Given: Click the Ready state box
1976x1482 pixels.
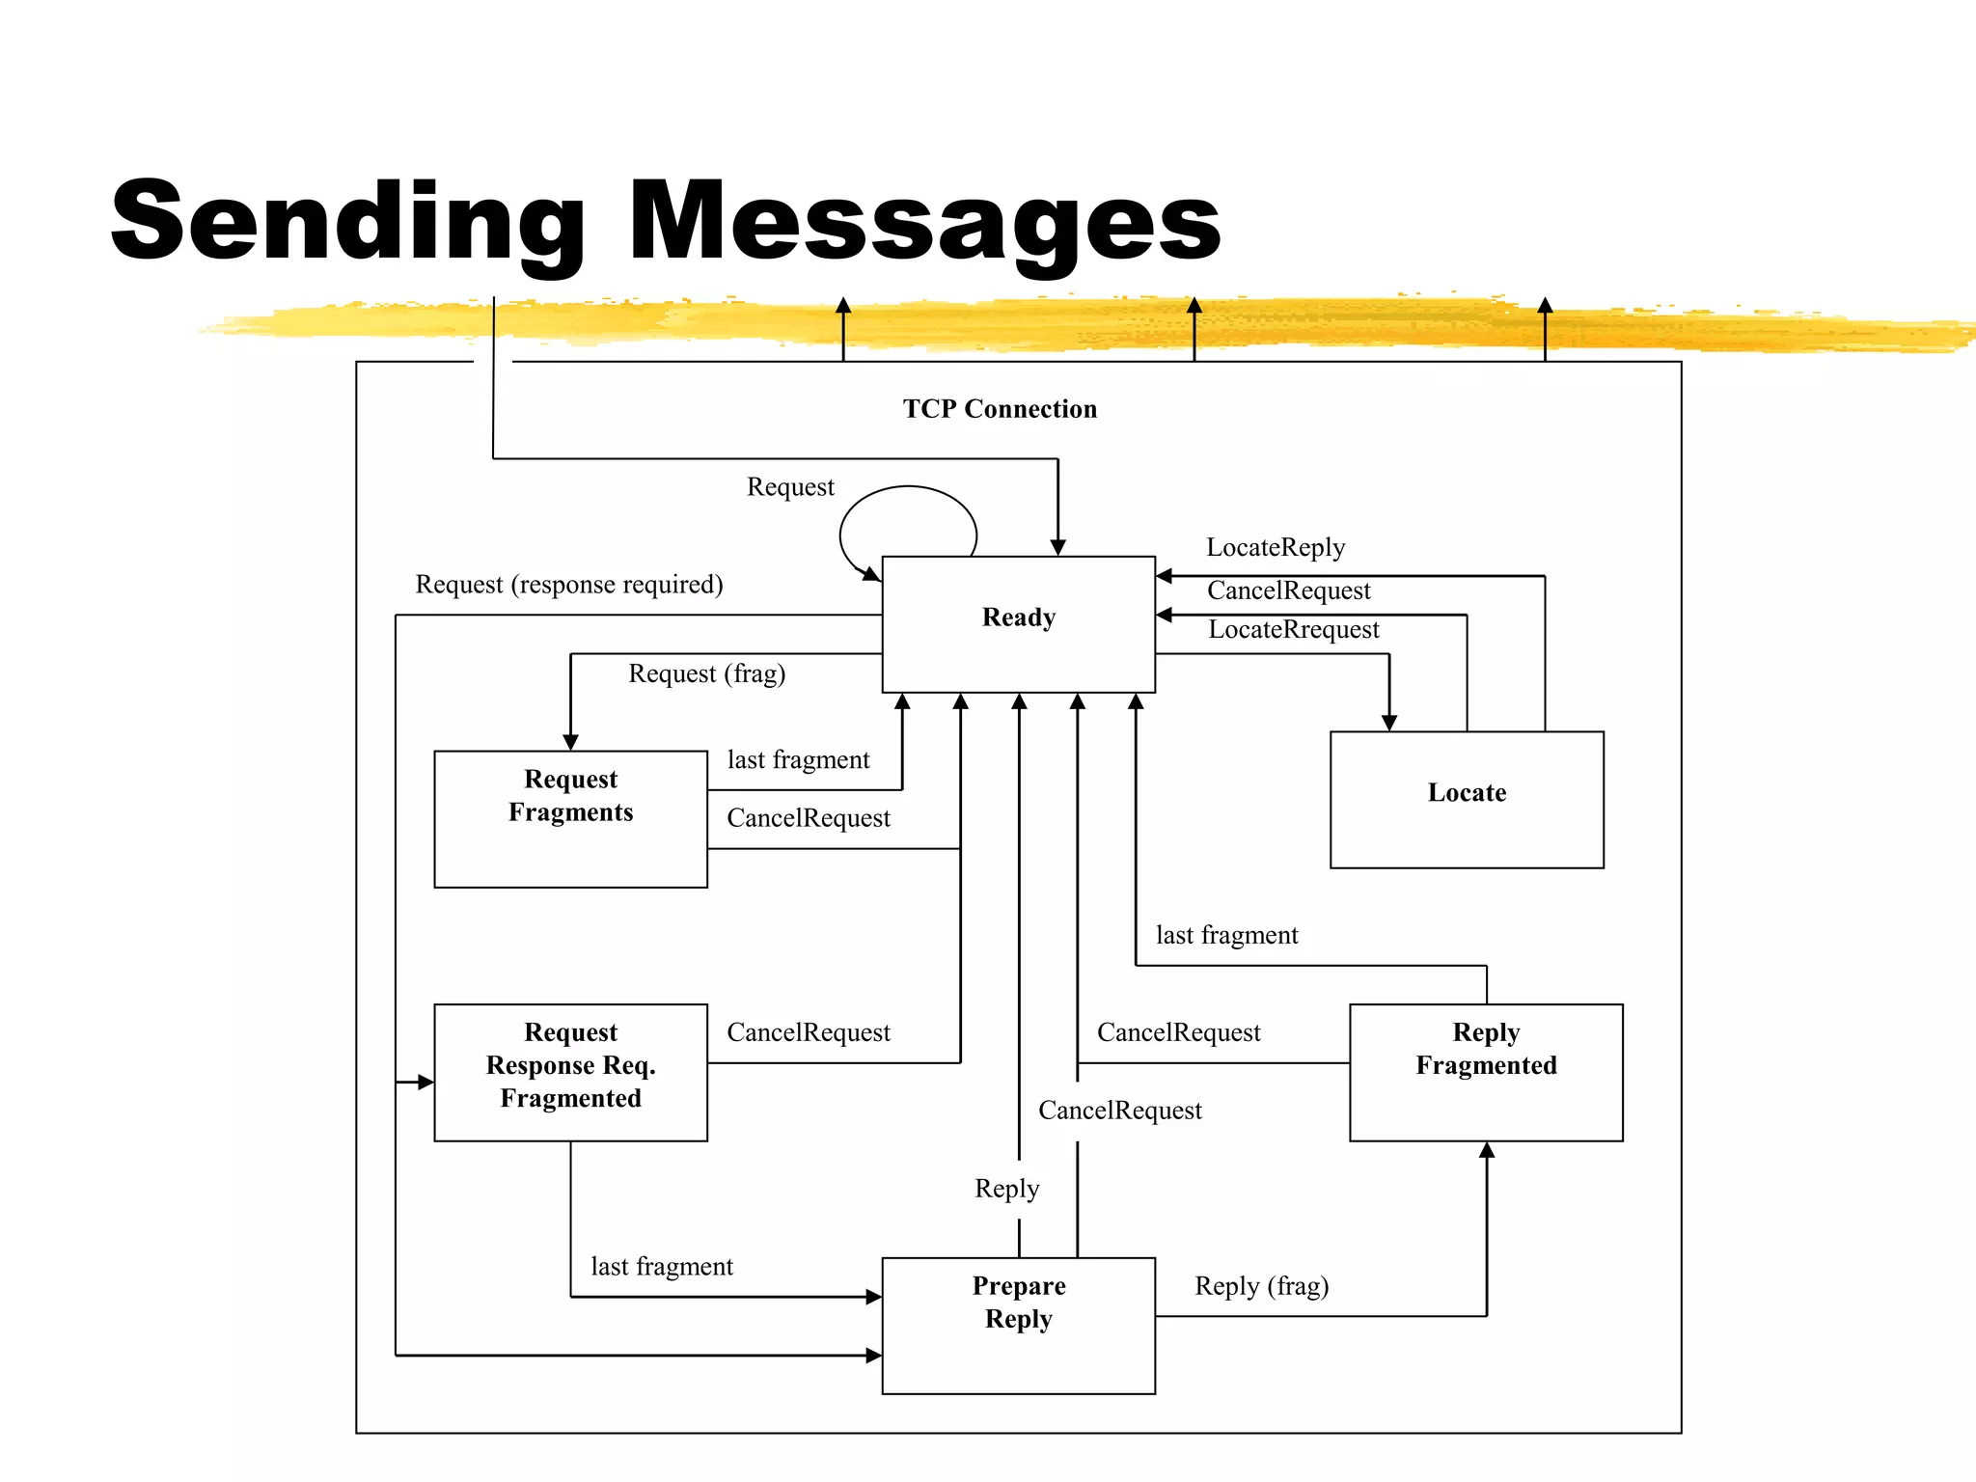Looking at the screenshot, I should (x=1018, y=623).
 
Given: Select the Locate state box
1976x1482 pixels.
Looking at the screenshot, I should (x=1466, y=799).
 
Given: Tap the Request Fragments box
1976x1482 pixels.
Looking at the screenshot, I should (x=570, y=818).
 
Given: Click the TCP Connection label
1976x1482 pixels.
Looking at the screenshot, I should (x=1000, y=409).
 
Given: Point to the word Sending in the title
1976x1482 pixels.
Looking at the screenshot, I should (x=347, y=222).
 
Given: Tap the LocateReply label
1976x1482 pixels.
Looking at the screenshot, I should (x=1275, y=547).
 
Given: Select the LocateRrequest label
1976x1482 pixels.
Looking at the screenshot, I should (x=1293, y=629).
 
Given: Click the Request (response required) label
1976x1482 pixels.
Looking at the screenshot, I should (x=568, y=585).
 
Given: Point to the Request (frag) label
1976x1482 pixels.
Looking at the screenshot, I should (x=706, y=672).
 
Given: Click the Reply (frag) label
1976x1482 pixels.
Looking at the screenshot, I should (x=1261, y=1285).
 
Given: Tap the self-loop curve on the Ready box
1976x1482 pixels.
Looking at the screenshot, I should (x=907, y=488).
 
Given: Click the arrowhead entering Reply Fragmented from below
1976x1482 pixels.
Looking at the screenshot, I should (x=1486, y=1150).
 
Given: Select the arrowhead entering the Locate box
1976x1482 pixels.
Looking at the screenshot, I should (x=1388, y=723).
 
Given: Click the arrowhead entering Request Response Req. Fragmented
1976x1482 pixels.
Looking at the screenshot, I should (x=425, y=1083).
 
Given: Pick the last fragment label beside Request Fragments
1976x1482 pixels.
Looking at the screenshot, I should (x=798, y=759).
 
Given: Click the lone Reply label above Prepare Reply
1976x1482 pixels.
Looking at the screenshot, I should (x=1006, y=1188).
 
